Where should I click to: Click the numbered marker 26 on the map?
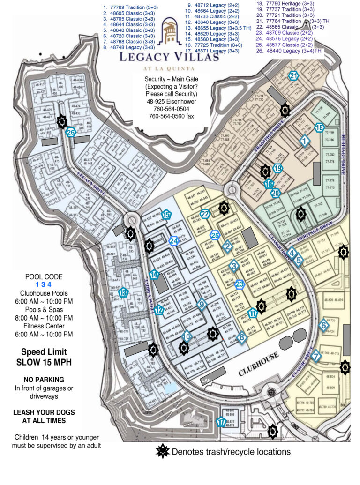coord(70,133)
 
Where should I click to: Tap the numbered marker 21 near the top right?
coord(293,76)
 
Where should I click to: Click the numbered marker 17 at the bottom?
coord(221,422)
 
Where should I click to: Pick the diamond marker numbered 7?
coord(316,356)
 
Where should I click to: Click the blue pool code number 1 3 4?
coord(44,284)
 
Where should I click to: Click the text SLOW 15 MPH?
coord(44,362)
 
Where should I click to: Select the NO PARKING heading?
coord(44,379)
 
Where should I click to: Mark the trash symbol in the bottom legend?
coord(163,452)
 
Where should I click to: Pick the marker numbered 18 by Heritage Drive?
coord(319,127)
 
